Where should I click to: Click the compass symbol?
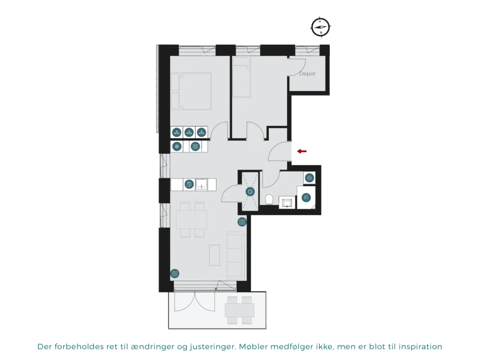pos(321,27)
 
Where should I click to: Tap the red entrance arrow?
pos(302,151)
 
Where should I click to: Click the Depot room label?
pos(307,73)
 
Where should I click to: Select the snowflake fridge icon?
pos(177,147)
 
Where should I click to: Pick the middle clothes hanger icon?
pos(189,132)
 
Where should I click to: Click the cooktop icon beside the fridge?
pos(195,147)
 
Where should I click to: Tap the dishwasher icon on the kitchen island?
pos(189,184)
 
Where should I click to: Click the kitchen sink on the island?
pos(202,184)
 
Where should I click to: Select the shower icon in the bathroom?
pos(306,197)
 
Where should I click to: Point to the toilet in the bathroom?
pos(269,199)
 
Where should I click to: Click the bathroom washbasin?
pos(287,202)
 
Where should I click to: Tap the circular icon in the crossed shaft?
pos(250,192)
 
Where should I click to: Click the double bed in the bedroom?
pos(191,91)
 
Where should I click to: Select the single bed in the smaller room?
pos(242,77)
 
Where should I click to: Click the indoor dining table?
pos(192,219)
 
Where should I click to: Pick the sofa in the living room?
pos(236,255)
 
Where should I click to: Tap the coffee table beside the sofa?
pos(215,255)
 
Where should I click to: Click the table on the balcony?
pos(240,310)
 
